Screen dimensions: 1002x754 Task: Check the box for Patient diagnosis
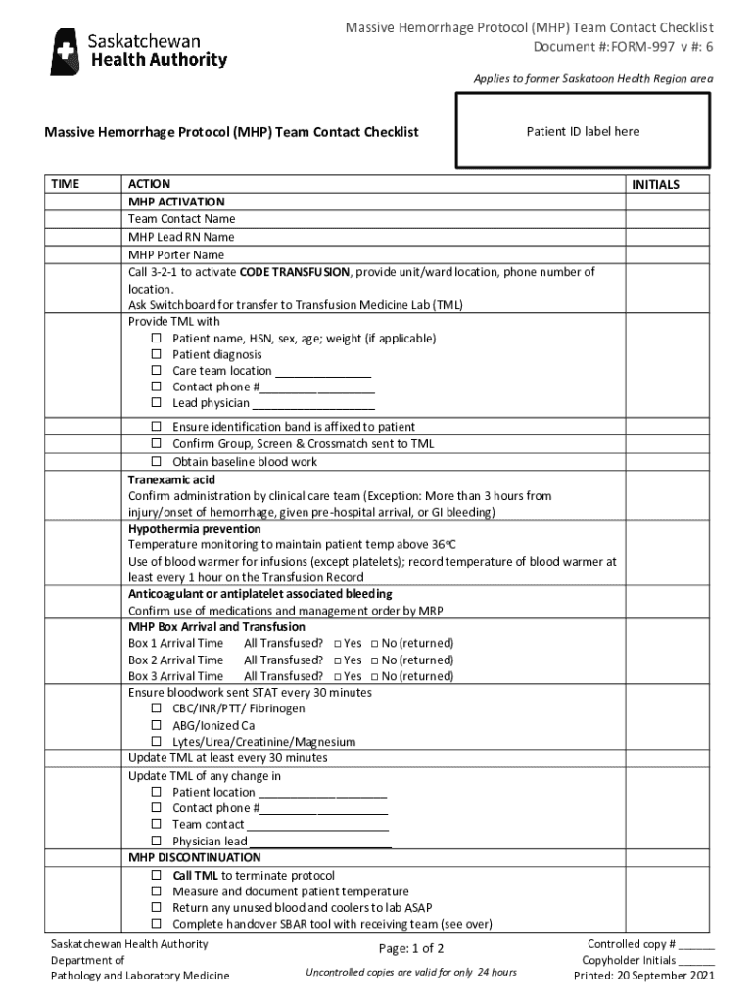[x=156, y=355]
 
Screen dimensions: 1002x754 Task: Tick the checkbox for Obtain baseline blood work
[x=156, y=462]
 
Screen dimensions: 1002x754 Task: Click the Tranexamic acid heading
[x=171, y=480]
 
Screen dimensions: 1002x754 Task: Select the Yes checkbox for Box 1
[x=337, y=644]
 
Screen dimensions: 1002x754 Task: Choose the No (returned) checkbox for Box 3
[x=374, y=677]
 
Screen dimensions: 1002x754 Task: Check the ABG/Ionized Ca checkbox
[x=156, y=726]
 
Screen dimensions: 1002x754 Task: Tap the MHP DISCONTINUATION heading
[x=195, y=858]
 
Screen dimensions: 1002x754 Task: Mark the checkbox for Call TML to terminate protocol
[x=156, y=876]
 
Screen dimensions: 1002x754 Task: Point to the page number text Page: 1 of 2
[x=411, y=948]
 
